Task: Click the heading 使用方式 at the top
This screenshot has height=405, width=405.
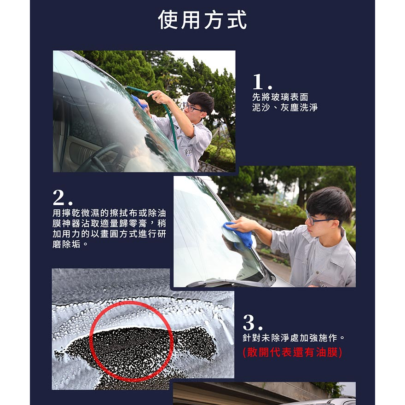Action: [x=202, y=20]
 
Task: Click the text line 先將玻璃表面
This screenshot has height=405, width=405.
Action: [x=280, y=97]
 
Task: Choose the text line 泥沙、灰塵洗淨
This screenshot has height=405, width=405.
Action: [x=285, y=107]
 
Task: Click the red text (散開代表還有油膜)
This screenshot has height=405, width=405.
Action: [x=292, y=353]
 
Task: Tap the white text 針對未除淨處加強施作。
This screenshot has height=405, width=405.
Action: [x=294, y=338]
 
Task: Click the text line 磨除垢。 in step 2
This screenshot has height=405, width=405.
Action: [x=70, y=244]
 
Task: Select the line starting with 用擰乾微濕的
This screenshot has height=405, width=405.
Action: [x=109, y=213]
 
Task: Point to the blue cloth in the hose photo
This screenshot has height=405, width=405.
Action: [x=139, y=102]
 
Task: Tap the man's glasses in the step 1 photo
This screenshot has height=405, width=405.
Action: [x=191, y=107]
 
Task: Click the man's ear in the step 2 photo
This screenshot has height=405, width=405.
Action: [x=335, y=224]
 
